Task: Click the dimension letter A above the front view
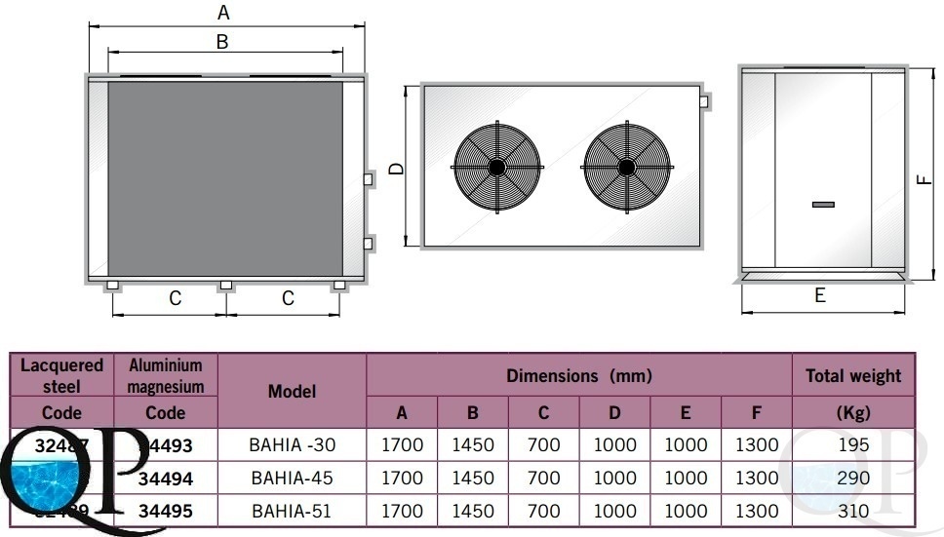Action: coord(224,13)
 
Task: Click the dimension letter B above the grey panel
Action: coord(222,42)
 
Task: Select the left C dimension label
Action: coord(176,299)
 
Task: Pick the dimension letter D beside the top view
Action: coord(396,169)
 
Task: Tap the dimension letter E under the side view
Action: coord(819,295)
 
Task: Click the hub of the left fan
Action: coord(497,167)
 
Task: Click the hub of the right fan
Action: coord(626,167)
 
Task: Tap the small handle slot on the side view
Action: coord(823,204)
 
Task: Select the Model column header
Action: coord(293,391)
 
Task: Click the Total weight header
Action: coord(853,375)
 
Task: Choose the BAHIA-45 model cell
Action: coord(293,479)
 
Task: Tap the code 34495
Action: coord(165,511)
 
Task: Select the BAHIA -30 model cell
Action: coord(293,445)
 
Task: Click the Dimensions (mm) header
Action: coord(578,375)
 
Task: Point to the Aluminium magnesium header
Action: coord(165,375)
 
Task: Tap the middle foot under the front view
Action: coord(225,286)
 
